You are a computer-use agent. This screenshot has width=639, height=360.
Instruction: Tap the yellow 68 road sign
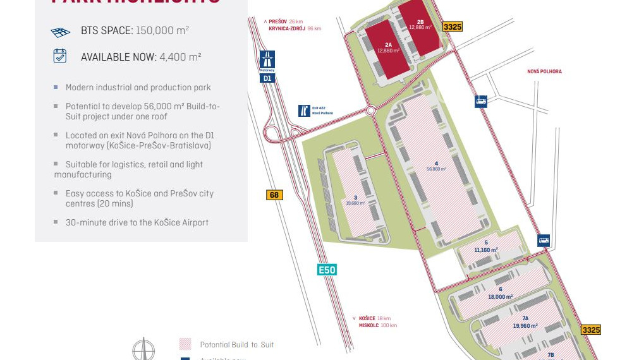click(274, 195)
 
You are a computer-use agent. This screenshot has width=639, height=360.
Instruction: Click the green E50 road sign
click(327, 270)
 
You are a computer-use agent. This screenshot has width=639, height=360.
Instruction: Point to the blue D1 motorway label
click(267, 78)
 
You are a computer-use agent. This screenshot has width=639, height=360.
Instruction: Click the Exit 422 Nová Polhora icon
click(305, 111)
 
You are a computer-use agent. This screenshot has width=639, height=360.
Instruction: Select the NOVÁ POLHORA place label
click(544, 71)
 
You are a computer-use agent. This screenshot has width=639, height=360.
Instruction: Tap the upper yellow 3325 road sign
click(453, 27)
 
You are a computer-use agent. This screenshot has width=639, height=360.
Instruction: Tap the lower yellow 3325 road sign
click(591, 330)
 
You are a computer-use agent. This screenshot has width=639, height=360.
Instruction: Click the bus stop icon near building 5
click(544, 241)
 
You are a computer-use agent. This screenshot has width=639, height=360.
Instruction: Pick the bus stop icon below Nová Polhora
click(481, 101)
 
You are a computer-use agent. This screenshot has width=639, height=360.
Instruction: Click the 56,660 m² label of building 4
click(436, 169)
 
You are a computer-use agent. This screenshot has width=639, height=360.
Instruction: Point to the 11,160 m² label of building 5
click(486, 250)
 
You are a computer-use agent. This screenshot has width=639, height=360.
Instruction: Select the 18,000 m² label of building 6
click(500, 297)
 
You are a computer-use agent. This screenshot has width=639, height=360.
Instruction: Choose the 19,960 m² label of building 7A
click(525, 326)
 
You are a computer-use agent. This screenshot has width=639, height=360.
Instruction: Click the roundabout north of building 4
click(371, 110)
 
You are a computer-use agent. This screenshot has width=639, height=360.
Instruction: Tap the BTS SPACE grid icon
click(60, 31)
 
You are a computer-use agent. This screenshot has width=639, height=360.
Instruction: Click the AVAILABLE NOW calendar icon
click(60, 56)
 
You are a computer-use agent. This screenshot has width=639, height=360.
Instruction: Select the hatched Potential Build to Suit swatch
click(185, 344)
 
